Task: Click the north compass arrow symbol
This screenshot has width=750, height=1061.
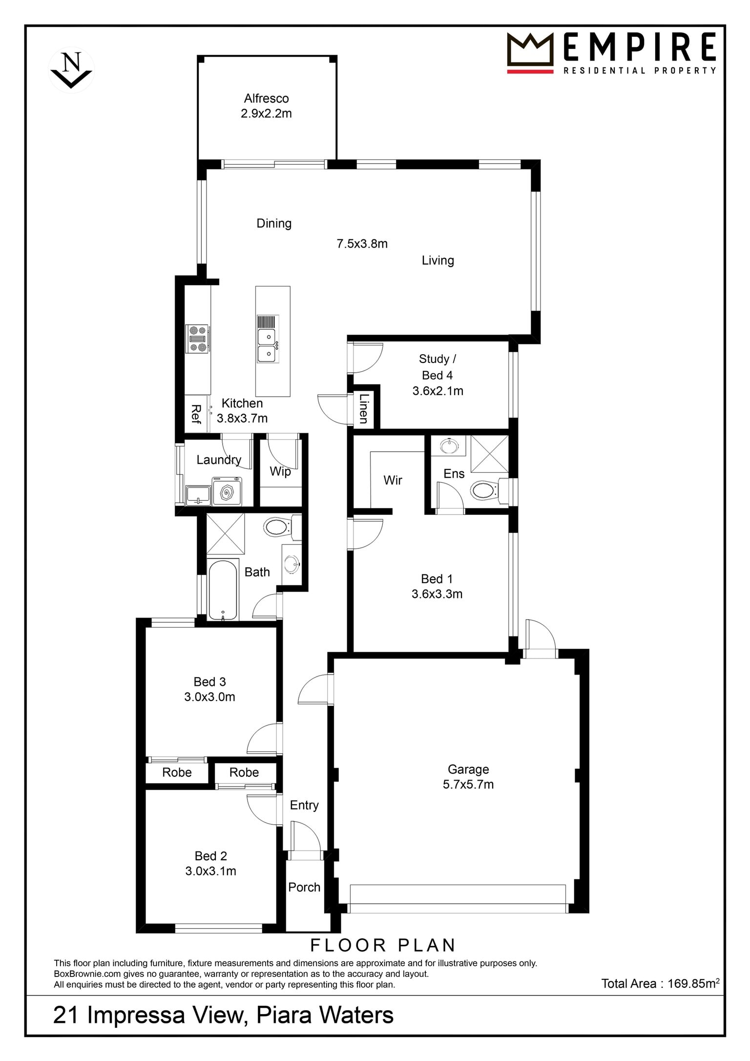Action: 71,70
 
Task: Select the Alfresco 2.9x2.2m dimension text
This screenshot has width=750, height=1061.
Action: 266,114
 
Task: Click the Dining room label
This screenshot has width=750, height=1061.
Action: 274,223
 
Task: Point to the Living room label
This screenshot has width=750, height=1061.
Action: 438,260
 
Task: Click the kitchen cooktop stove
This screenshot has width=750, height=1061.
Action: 198,339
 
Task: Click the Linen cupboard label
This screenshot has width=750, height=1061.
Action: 363,408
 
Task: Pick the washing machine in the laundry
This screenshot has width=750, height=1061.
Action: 227,491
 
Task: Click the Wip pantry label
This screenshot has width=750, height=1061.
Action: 280,471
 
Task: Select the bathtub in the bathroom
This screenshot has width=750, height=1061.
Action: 223,590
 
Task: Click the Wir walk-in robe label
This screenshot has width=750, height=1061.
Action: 393,480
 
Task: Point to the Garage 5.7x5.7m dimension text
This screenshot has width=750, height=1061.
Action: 468,785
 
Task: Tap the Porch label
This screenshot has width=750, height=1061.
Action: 304,887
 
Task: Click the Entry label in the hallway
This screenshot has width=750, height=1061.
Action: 304,805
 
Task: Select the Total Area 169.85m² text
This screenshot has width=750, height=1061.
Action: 660,983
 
